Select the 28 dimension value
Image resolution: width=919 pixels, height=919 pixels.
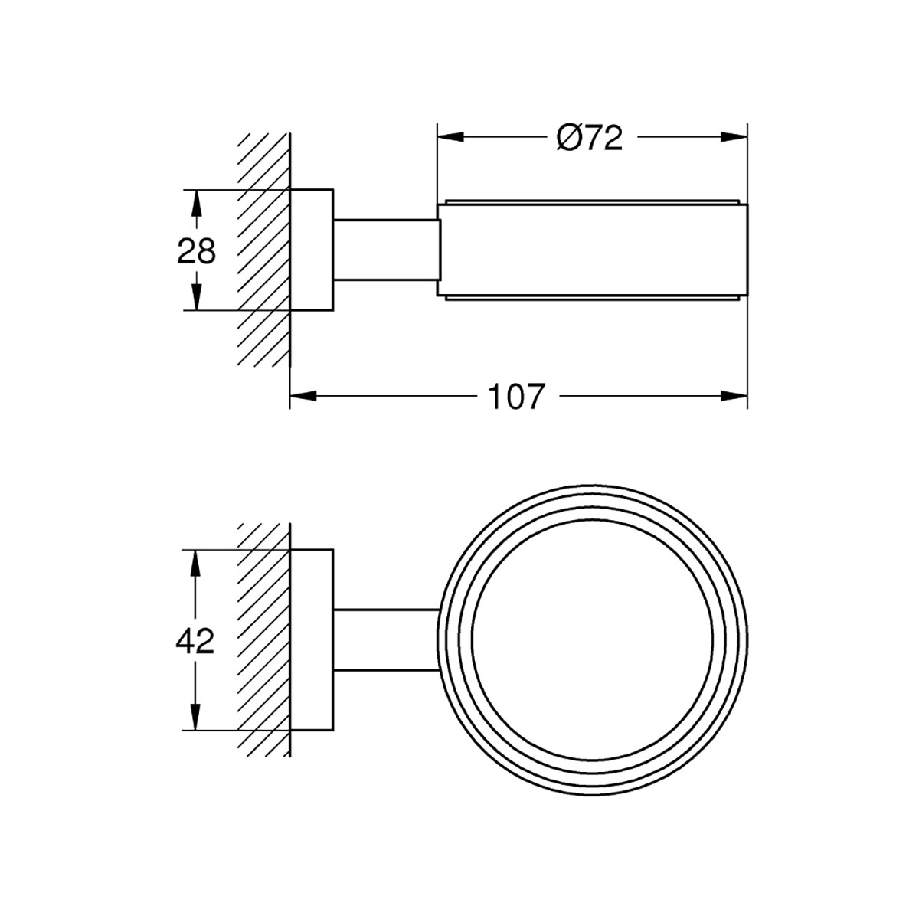196,251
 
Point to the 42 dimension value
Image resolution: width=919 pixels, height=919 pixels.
195,642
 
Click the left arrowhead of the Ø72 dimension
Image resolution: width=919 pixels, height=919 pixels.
450,137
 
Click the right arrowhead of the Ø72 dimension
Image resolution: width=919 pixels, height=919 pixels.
734,137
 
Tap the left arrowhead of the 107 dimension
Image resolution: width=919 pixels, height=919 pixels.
303,396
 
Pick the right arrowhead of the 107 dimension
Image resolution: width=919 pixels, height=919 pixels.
734,396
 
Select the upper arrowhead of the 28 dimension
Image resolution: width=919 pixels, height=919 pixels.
196,204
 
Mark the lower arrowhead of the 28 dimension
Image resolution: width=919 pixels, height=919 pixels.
196,297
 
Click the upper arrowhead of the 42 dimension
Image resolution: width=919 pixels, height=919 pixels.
195,563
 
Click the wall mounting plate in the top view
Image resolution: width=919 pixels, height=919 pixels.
312,250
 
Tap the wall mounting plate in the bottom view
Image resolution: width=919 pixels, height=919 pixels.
312,640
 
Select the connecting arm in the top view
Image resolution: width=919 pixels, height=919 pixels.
386,250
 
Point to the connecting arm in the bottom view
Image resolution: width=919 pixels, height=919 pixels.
386,640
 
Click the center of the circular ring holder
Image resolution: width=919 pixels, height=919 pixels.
592,640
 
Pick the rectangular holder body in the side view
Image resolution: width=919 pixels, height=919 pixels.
592,250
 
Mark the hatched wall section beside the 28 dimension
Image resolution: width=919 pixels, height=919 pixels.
263,250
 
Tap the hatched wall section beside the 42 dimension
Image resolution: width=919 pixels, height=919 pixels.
263,640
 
